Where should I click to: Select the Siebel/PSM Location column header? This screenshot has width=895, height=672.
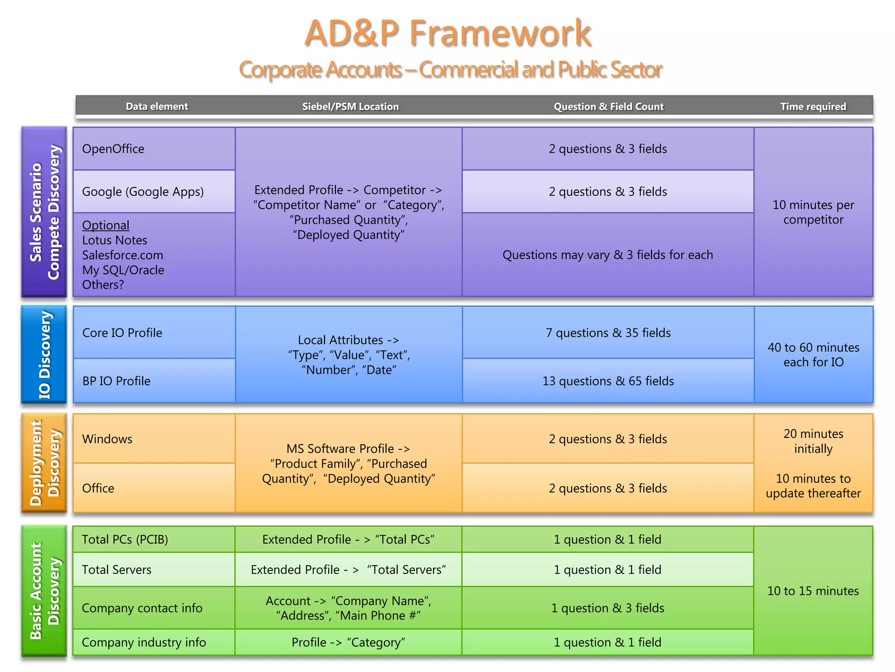[350, 106]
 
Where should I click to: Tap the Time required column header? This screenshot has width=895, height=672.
[813, 106]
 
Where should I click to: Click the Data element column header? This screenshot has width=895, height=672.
[157, 106]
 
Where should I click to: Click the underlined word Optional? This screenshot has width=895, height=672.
[106, 225]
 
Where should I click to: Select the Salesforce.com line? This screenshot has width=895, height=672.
[122, 255]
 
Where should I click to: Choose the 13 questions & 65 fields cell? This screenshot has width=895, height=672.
[608, 381]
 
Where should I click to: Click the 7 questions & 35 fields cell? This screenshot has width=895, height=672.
[608, 333]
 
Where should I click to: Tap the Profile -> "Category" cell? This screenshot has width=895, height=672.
[348, 642]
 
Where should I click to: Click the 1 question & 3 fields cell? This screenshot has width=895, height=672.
[607, 608]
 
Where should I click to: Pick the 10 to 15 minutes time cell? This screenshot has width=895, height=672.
[813, 591]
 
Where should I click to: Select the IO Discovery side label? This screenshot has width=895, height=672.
[44, 354]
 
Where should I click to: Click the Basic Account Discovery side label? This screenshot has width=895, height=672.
[44, 591]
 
